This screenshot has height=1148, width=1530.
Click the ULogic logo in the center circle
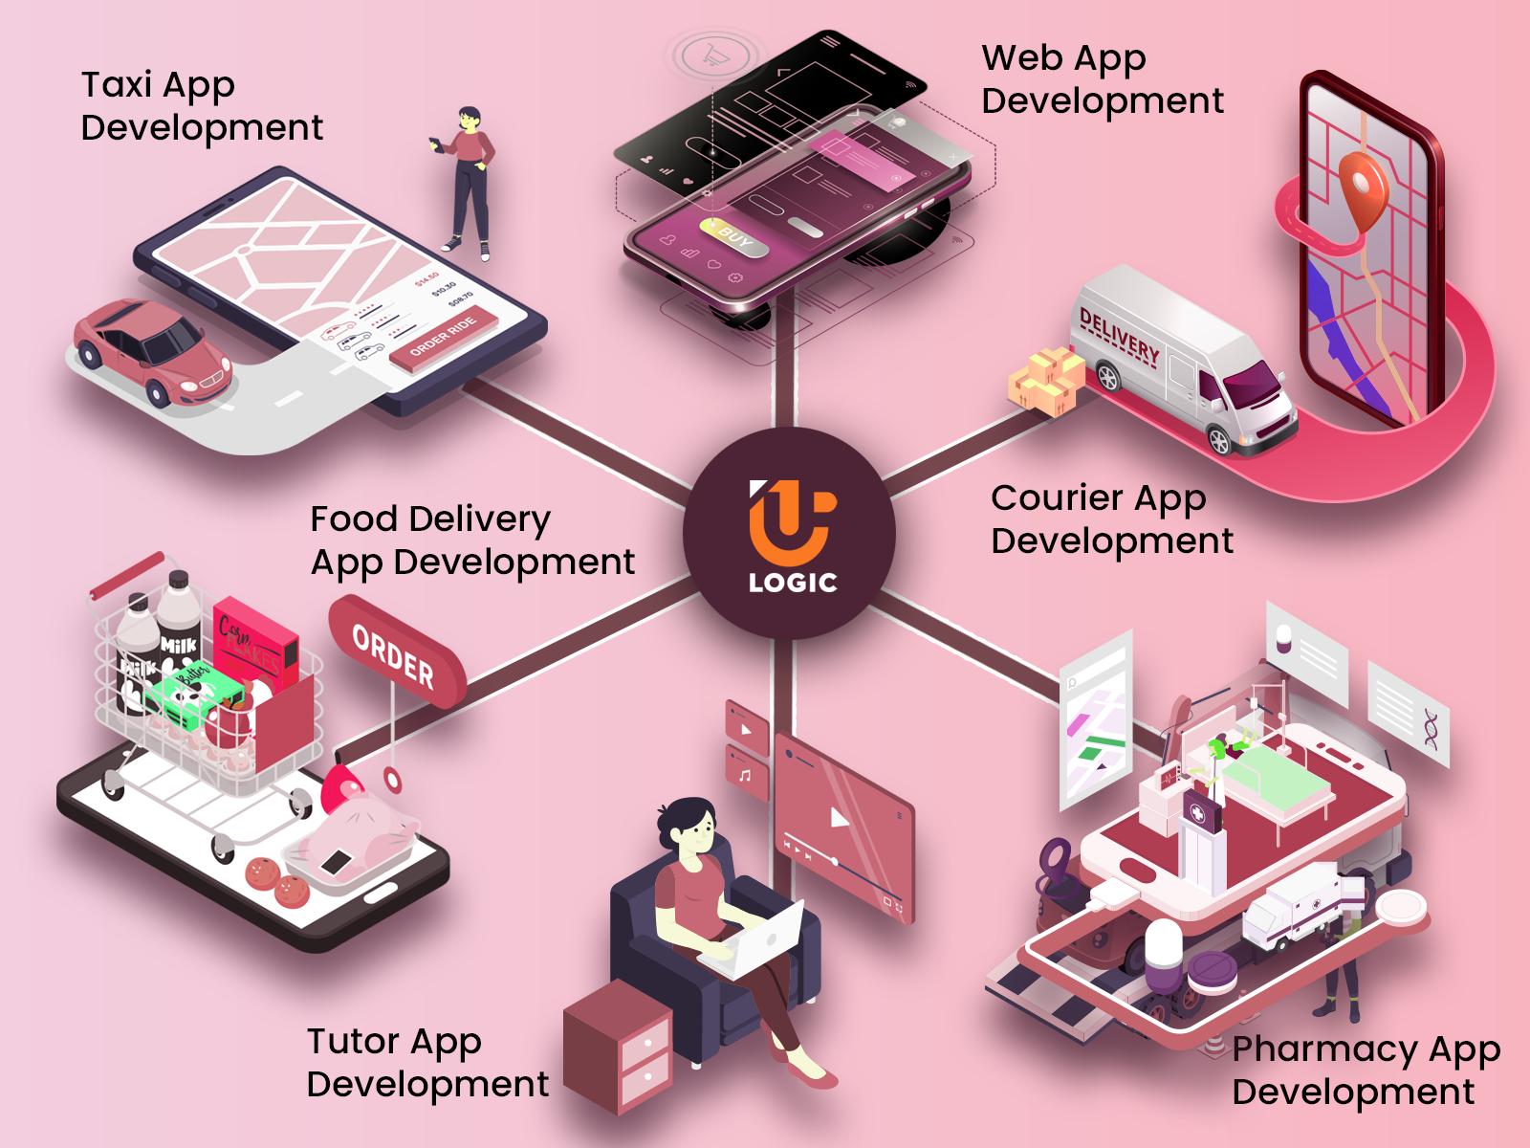[790, 534]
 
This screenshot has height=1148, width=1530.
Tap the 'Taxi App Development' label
[202, 106]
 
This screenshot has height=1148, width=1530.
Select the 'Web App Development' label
[1103, 79]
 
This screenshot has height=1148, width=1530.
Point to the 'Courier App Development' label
[1112, 519]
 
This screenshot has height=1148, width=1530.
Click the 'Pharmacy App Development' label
[1366, 1071]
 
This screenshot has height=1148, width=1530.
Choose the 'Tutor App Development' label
[427, 1063]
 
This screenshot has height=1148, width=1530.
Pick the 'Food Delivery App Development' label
[472, 541]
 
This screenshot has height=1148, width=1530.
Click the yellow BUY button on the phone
[733, 236]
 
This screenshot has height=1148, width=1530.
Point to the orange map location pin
[1361, 185]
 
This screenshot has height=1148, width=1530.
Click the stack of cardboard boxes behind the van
[1045, 381]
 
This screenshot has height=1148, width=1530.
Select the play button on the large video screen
[839, 817]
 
